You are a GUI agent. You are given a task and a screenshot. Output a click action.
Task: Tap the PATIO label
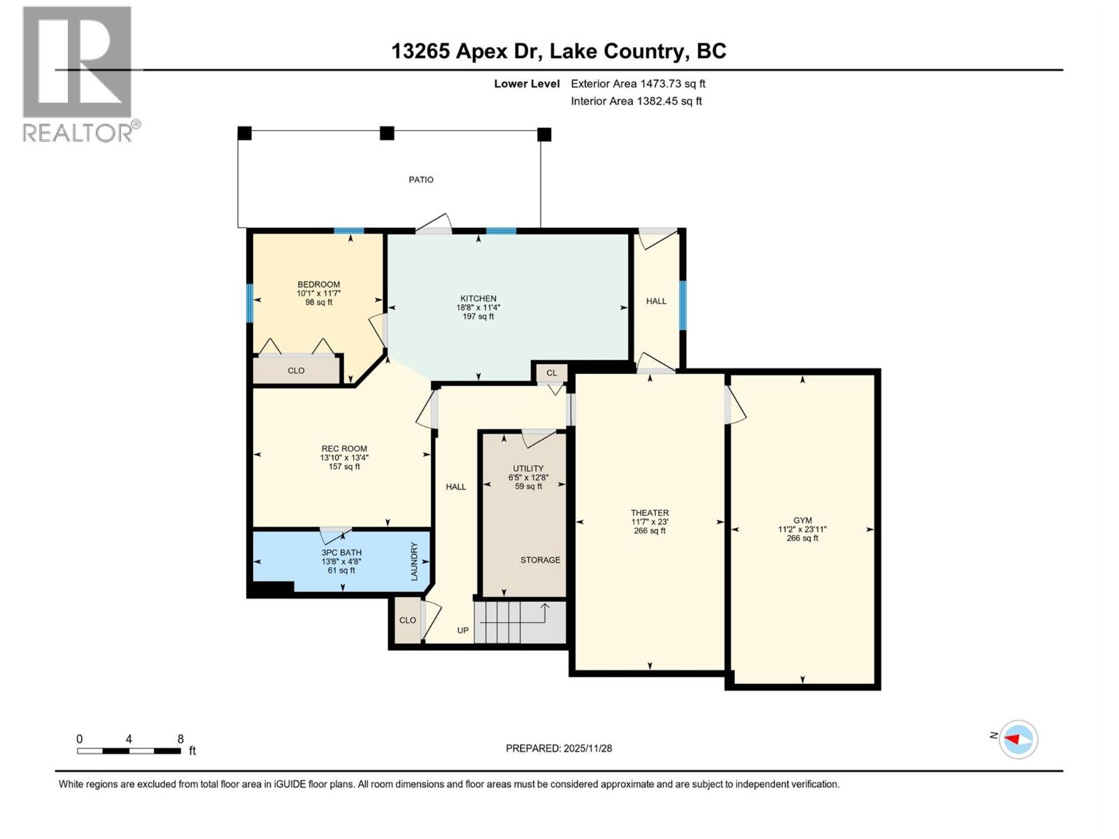[x=421, y=180]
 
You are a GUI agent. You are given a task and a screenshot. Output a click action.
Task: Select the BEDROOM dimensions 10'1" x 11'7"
[x=318, y=294]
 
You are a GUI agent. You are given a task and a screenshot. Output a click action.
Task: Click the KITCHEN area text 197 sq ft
[x=478, y=317]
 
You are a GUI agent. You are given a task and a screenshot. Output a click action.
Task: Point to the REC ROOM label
[x=344, y=449]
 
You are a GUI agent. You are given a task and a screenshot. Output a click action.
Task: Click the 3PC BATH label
[x=341, y=552]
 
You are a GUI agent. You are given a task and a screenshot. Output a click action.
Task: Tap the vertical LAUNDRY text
[x=414, y=561]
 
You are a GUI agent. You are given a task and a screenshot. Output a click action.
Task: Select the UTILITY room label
[x=528, y=468]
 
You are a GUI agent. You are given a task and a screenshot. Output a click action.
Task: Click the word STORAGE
[x=540, y=560]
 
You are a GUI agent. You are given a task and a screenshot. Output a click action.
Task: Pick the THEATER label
[x=650, y=512]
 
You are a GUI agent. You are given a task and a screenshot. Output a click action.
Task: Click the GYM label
[x=802, y=520]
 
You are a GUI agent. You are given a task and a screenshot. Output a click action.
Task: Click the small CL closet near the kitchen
[x=552, y=373]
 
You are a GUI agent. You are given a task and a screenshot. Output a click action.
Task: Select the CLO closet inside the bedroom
[x=296, y=371]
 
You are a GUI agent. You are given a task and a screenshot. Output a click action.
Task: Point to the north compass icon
[x=1018, y=739]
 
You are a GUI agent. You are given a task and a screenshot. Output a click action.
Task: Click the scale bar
[x=129, y=751]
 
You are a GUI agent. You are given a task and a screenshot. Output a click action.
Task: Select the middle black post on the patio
[x=387, y=133]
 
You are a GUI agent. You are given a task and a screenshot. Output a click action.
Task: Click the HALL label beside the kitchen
[x=656, y=301]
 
